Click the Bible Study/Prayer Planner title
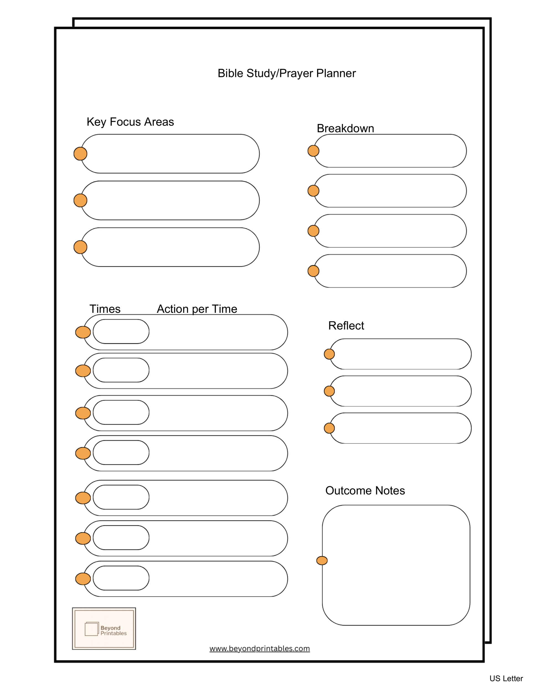pos(286,73)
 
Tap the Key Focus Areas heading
pos(130,122)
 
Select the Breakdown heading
pos(345,128)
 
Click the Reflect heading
pos(346,326)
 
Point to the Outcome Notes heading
pos(365,491)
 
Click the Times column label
pos(105,309)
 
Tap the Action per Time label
pos(197,309)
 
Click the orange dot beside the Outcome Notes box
pos(322,561)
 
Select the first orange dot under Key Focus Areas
pos(80,154)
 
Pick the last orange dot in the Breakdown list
pos(313,271)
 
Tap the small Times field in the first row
pos(121,331)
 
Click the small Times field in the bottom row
pos(121,578)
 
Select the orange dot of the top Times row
pos(83,332)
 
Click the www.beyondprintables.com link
pos(259,649)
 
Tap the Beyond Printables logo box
pos(104,628)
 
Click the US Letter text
pos(506,678)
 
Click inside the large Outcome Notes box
pos(396,565)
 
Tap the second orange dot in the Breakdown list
pos(313,191)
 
